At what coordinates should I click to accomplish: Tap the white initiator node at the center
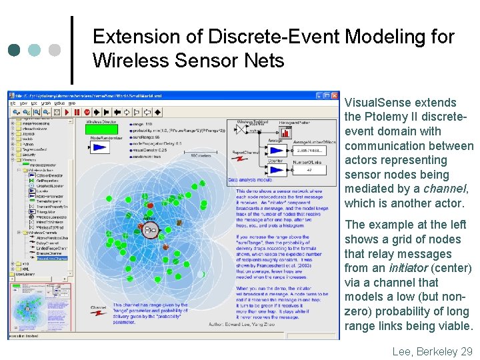point(151,231)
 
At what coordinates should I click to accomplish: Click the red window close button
point(335,95)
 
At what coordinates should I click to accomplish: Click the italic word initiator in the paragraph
point(427,268)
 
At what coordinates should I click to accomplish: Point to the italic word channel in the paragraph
point(446,189)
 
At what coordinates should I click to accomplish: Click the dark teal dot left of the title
point(15,50)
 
